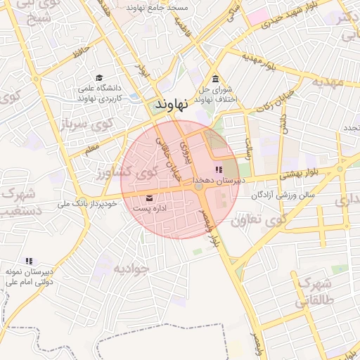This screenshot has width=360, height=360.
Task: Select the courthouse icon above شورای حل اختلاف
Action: [214, 79]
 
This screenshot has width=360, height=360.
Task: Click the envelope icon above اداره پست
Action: [148, 197]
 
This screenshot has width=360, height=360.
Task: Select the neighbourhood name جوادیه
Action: [134, 268]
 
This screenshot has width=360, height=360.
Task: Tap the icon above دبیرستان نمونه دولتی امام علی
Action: [29, 261]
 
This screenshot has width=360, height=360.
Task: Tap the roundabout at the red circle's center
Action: [200, 186]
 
